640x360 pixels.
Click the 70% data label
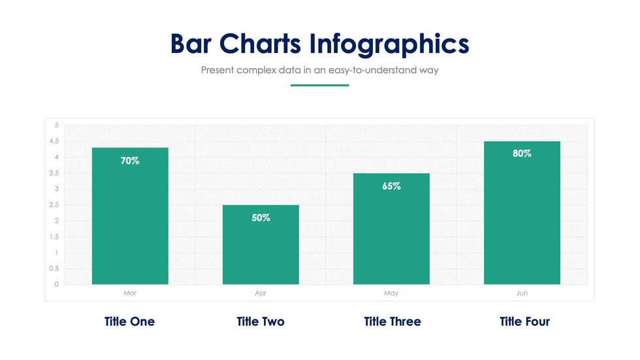pos(130,161)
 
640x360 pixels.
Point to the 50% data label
pos(261,218)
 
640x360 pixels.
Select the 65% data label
pos(391,186)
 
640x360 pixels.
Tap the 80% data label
pos(522,154)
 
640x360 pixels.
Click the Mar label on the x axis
pos(130,293)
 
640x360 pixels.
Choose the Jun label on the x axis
pos(522,293)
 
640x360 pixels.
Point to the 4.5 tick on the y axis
pos(53,141)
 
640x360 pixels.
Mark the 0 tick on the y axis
pos(56,284)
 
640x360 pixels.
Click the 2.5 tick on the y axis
pos(53,205)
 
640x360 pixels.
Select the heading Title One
pos(129,321)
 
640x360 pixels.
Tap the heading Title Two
pos(261,321)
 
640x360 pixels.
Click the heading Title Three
pos(392,321)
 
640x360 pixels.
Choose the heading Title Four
pos(524,321)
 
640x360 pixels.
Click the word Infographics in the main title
pos(389,44)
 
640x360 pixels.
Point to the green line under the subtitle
pos(319,85)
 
